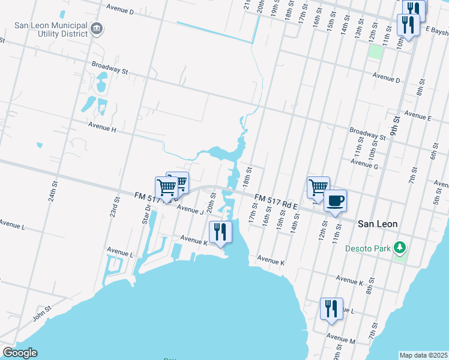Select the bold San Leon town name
tap(377, 223)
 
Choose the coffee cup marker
tap(335, 200)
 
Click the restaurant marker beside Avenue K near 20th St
tap(220, 231)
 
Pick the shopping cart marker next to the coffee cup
tap(318, 187)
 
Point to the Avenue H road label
tap(101, 127)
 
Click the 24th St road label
tap(53, 193)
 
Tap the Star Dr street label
tap(145, 214)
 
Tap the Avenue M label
tap(340, 340)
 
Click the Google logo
tap(20, 353)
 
